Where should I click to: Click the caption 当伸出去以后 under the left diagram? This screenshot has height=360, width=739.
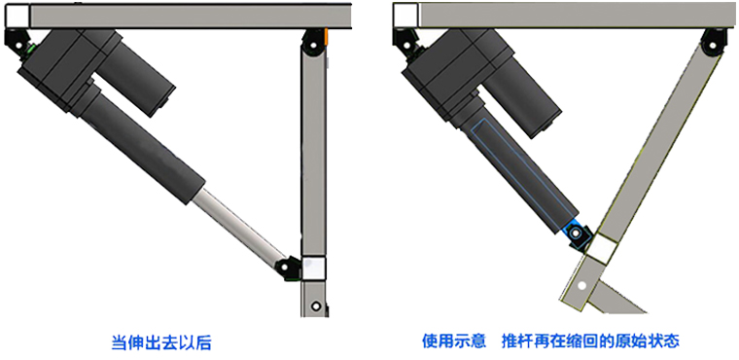[161, 342]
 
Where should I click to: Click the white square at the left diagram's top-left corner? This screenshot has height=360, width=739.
[17, 15]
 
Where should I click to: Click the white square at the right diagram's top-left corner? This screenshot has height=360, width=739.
[405, 15]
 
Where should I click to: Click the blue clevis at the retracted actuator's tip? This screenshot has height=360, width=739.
[576, 233]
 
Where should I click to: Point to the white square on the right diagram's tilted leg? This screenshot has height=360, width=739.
[600, 250]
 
